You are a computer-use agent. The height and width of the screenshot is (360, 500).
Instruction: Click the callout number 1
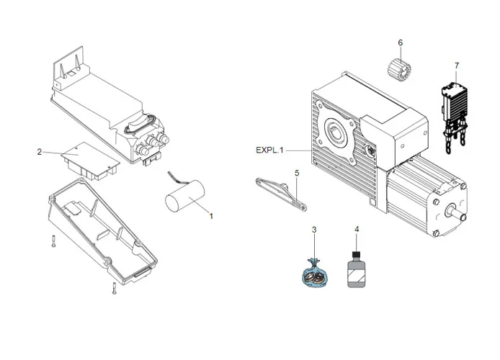pyautogui.click(x=211, y=215)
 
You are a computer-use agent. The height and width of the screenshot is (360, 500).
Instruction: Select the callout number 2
pyautogui.click(x=40, y=152)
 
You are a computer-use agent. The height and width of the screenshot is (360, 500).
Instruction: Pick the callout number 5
pyautogui.click(x=296, y=173)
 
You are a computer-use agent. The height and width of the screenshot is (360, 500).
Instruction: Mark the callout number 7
pyautogui.click(x=456, y=66)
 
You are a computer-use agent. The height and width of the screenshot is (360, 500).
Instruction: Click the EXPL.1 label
pyautogui.click(x=269, y=150)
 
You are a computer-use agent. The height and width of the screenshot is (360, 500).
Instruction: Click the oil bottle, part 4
pyautogui.click(x=355, y=271)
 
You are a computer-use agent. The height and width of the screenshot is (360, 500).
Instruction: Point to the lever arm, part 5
pyautogui.click(x=280, y=191)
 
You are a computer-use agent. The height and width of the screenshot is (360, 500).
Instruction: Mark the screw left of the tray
pyautogui.click(x=54, y=242)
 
